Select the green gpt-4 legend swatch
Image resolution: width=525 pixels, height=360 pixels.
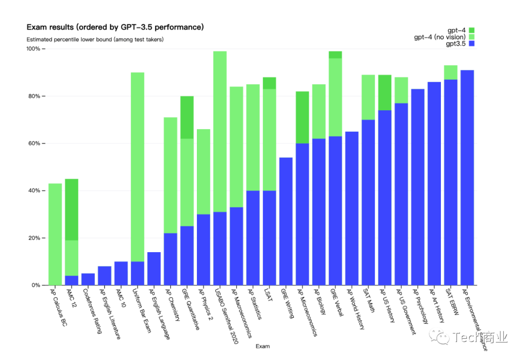coord(471,30)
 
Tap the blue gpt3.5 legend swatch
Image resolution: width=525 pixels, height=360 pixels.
coord(471,44)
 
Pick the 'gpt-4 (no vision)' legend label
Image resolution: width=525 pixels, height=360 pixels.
coord(439,37)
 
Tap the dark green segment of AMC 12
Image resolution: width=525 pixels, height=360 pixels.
coord(71,209)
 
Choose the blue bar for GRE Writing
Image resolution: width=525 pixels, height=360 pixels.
coord(286,221)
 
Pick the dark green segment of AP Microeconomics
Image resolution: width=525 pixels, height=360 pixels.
coord(302,117)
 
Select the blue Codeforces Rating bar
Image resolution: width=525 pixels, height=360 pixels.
coord(88,279)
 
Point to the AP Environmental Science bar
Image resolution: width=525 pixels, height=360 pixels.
coord(467,177)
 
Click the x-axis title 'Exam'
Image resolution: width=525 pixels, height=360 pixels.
coord(262,346)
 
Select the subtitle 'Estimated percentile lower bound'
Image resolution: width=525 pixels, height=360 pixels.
coord(95,39)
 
